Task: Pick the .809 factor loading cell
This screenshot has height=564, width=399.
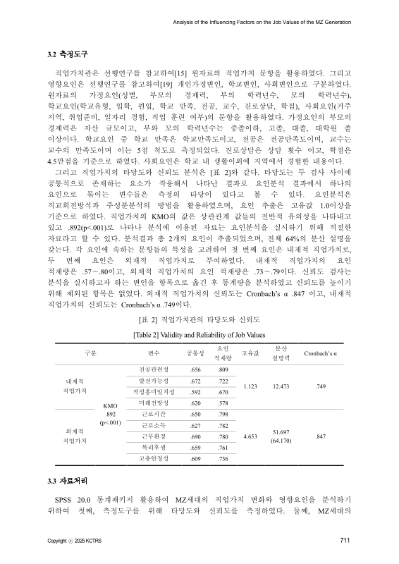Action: coord(223,369)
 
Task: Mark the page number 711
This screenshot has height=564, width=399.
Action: coord(345,541)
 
